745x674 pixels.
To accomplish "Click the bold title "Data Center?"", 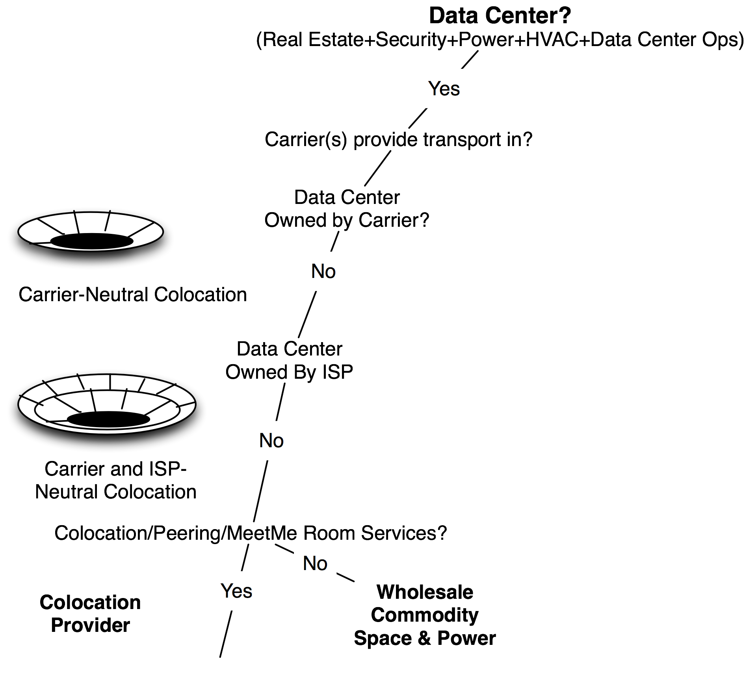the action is [x=500, y=16].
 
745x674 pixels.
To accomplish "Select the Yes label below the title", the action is [x=444, y=89].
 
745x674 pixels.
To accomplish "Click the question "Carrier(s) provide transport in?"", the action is [x=398, y=139].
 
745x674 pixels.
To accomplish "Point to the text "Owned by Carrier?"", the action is [x=347, y=220].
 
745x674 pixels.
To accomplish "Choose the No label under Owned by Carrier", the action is [x=323, y=271].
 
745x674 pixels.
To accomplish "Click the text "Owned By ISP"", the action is [x=289, y=372].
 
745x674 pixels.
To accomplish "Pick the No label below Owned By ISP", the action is [x=271, y=441].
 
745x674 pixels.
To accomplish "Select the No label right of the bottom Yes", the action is [x=315, y=563].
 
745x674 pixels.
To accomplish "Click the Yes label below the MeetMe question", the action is [x=236, y=591].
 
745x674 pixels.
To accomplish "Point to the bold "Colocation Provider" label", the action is [x=90, y=614].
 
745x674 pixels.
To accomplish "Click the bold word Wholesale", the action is [x=425, y=592].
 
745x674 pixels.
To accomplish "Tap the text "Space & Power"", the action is [x=425, y=638].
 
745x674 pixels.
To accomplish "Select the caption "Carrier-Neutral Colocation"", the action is [x=133, y=294].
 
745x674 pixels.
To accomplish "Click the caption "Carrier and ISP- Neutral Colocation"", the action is [x=115, y=480].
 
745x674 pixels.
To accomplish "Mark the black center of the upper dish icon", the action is [x=92, y=241].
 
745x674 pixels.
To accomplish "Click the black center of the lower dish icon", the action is [x=109, y=419].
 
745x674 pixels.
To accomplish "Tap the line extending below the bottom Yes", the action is [x=226, y=634].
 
